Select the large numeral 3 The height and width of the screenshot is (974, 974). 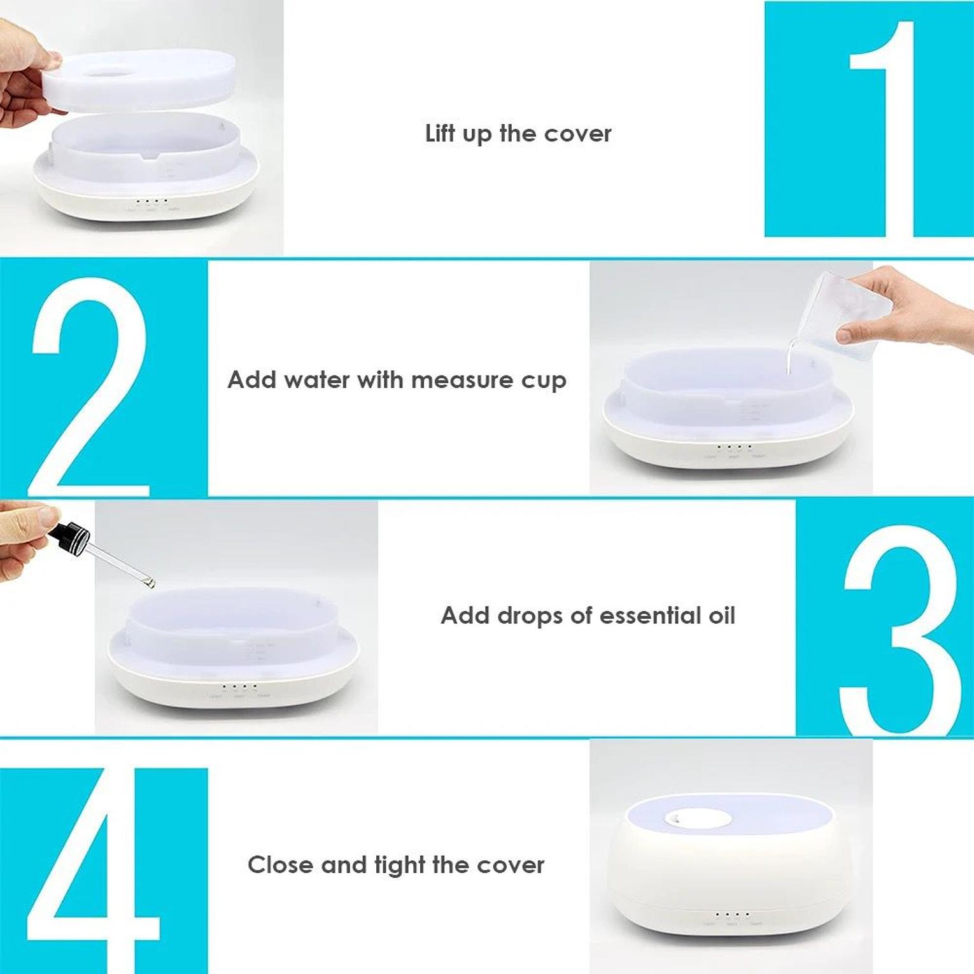tap(901, 630)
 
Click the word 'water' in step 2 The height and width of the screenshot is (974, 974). tap(316, 380)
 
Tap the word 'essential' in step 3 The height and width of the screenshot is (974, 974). tap(651, 616)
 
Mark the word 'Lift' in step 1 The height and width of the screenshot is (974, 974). tap(439, 133)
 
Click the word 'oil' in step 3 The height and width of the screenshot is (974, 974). tap(722, 616)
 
